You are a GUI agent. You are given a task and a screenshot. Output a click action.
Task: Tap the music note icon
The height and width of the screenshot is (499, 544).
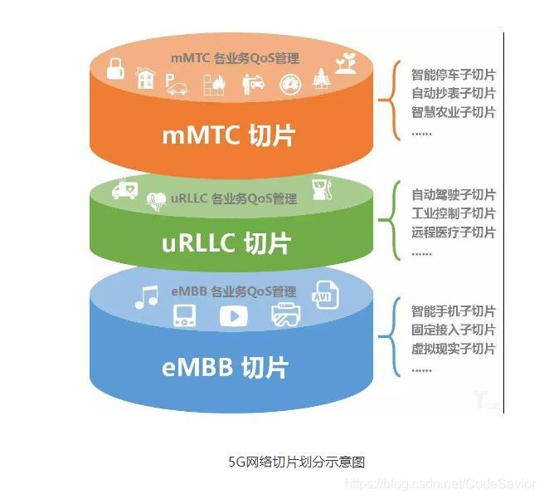(x=146, y=297)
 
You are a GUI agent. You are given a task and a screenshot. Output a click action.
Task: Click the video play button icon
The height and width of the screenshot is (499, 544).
(x=233, y=316)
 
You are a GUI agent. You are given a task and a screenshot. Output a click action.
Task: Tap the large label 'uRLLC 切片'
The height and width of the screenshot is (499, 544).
(x=226, y=243)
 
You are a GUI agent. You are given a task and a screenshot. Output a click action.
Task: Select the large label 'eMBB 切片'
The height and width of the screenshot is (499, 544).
(x=230, y=367)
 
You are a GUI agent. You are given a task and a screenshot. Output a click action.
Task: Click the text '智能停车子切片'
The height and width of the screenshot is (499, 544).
(x=453, y=75)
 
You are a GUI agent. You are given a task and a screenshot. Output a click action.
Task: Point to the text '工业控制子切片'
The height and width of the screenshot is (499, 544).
(x=453, y=213)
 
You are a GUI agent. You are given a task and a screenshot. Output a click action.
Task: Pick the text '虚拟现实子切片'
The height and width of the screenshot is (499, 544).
(x=453, y=349)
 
